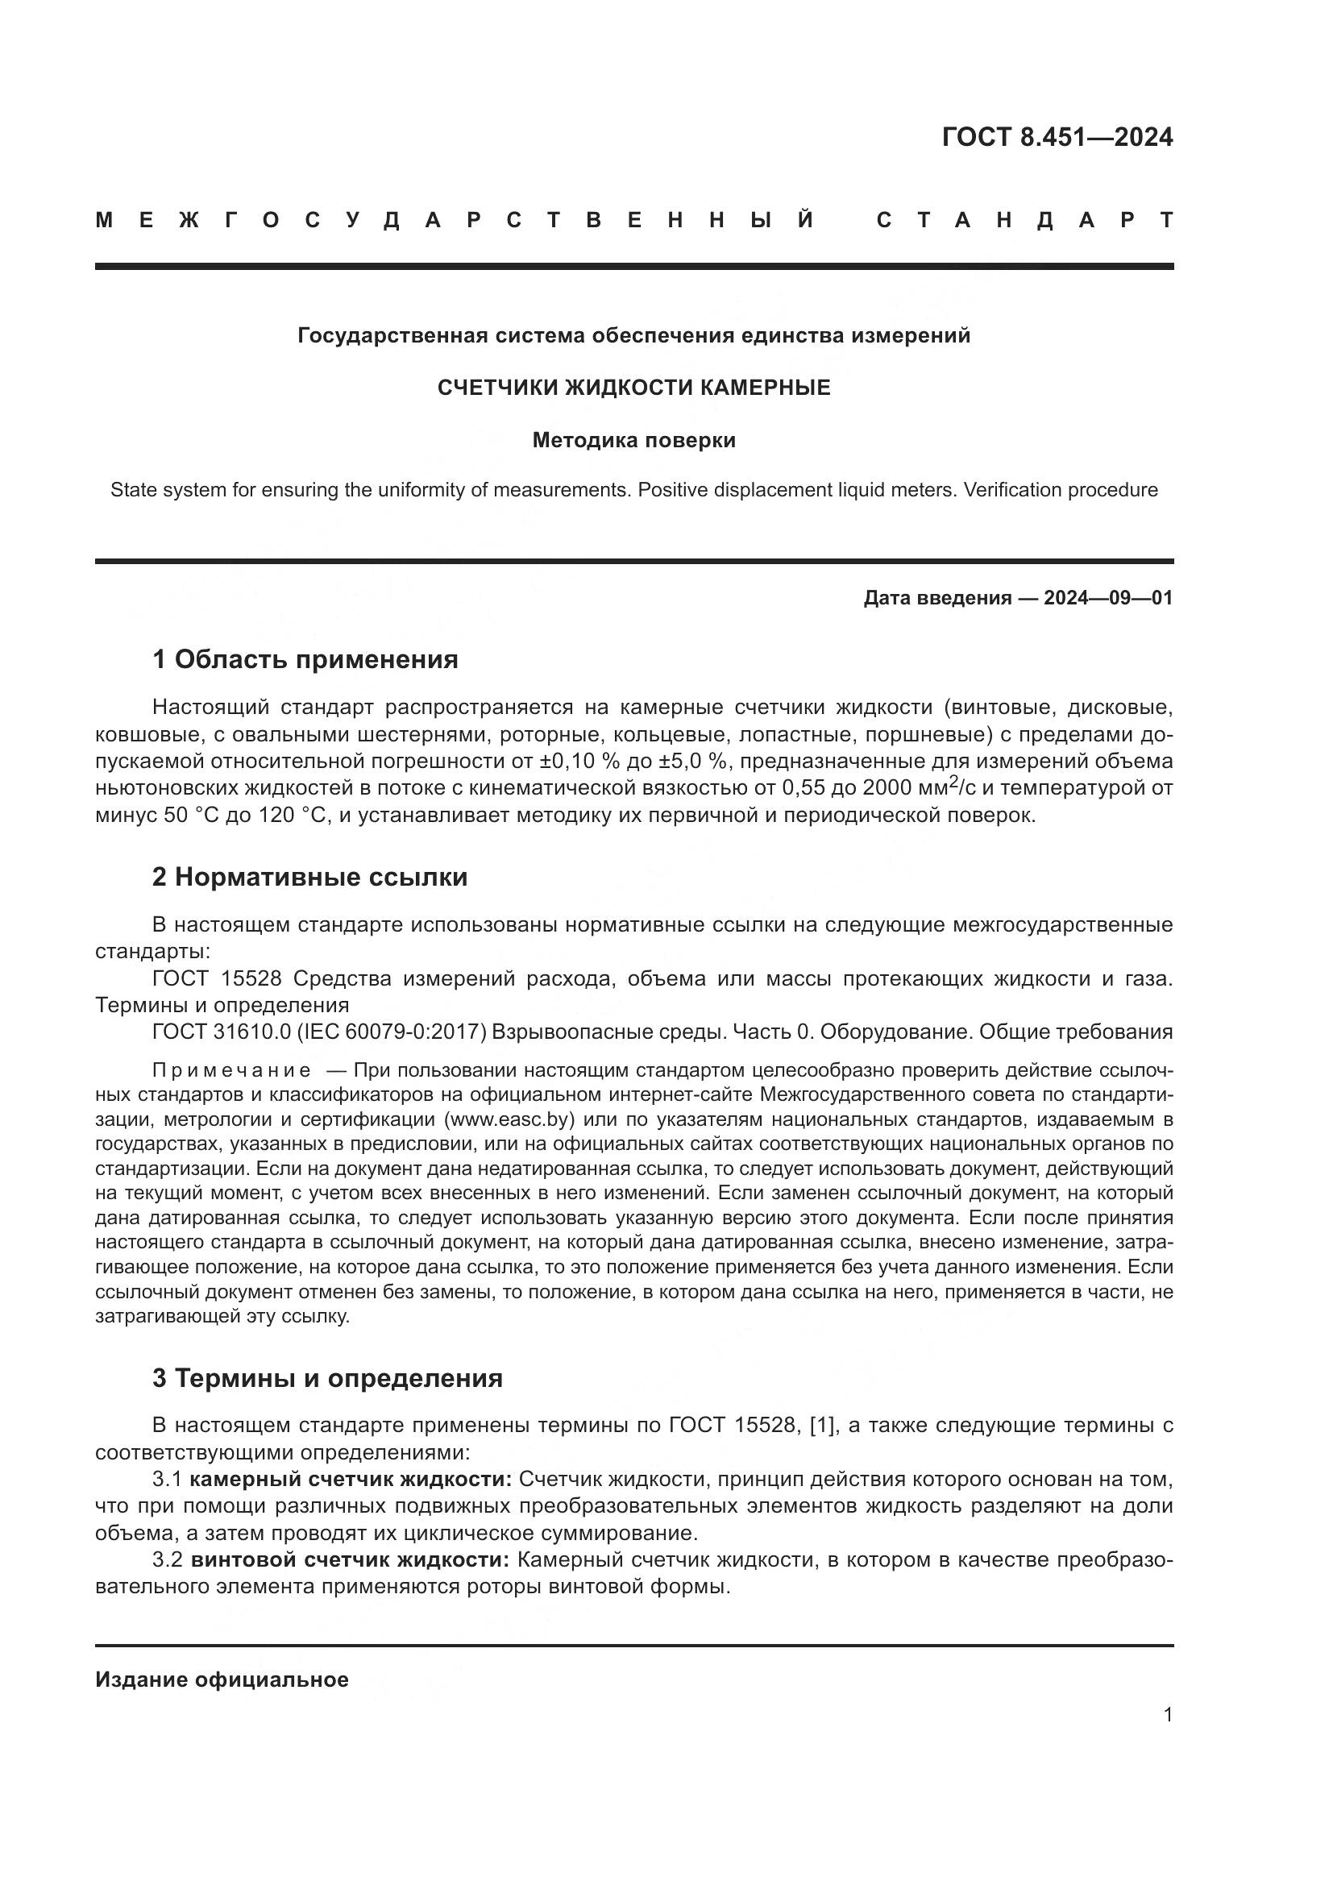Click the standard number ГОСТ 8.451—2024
pos(1057,137)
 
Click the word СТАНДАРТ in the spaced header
pos(1024,220)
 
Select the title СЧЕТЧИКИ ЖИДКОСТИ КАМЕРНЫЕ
pos(633,388)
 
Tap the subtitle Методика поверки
pos(633,441)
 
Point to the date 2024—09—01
pos(1108,598)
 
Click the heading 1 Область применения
pos(305,659)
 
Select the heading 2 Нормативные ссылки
pos(309,877)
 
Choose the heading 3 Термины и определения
pos(326,1377)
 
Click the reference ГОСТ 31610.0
pos(222,1032)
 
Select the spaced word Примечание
pos(231,1070)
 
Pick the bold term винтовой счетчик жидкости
pos(351,1559)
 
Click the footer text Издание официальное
pos(222,1679)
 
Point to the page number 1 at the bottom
pos(1167,1715)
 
